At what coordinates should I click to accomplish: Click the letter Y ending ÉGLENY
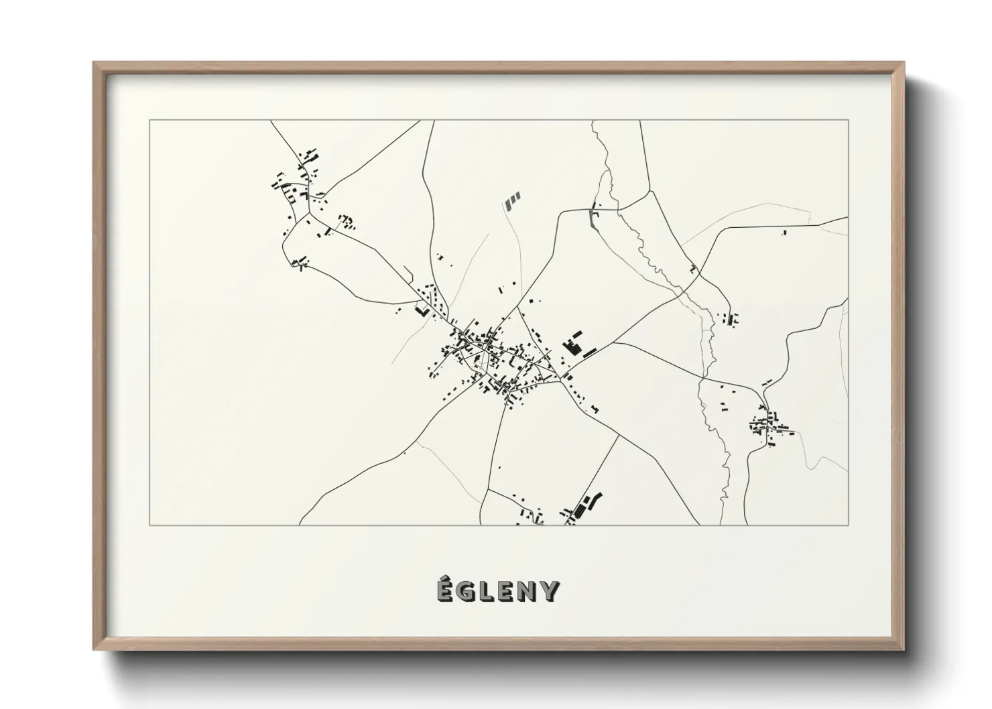click(549, 592)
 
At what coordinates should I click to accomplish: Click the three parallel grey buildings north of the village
click(513, 200)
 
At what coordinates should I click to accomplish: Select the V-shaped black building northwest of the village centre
click(422, 312)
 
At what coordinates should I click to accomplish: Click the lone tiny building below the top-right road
click(784, 233)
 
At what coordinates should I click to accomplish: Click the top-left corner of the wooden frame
click(94, 63)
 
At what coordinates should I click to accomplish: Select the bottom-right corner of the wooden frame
click(904, 650)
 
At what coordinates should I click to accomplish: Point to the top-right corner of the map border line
click(848, 121)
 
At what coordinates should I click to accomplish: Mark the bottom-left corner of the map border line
click(149, 525)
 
